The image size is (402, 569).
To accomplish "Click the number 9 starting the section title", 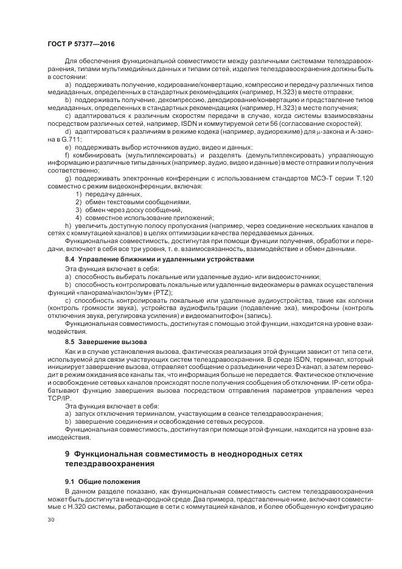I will (67, 453).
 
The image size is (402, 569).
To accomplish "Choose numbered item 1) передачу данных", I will (97, 194).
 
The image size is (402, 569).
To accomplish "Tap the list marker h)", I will (68, 226).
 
